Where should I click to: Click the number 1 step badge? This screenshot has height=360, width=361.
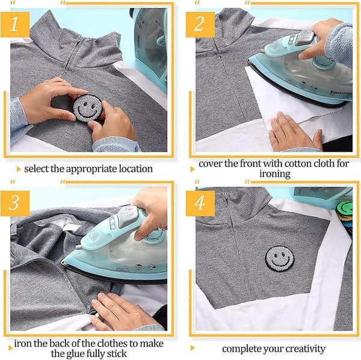pos(15,25)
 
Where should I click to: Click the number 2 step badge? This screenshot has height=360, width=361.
pos(200,25)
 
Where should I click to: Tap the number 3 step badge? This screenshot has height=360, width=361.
pos(15,203)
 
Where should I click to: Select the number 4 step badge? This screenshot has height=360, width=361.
pos(200,203)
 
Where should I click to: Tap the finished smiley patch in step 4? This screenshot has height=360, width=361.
pos(280,259)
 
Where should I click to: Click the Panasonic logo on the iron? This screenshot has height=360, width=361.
pos(341,93)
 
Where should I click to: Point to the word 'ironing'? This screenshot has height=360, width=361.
pos(275,174)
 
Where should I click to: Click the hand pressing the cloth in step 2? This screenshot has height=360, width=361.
pos(295,132)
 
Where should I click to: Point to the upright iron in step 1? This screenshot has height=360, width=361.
pos(150,47)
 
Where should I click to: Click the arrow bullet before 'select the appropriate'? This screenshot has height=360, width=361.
pos(19,169)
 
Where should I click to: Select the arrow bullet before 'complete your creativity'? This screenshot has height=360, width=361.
pos(193,348)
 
